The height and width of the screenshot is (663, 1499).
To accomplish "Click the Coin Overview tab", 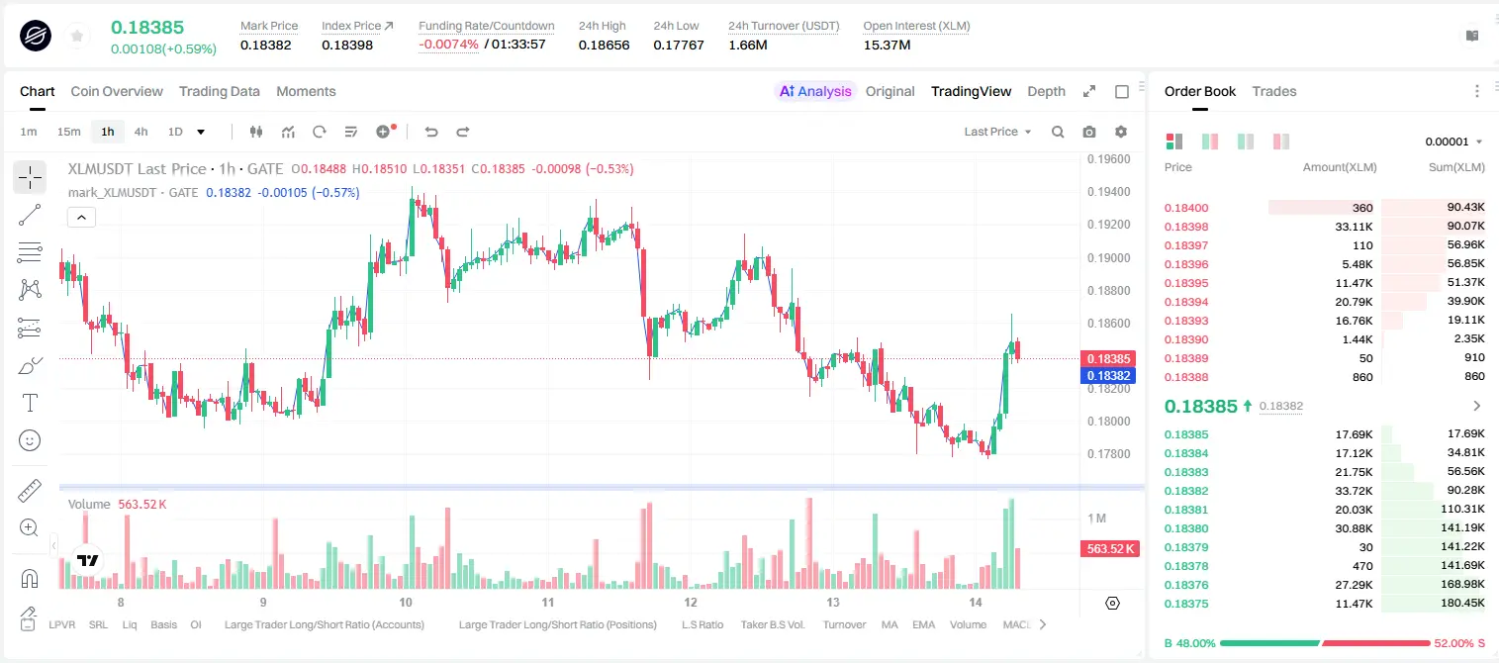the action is pos(117,91).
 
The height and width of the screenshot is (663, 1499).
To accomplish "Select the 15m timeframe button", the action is pos(68,132).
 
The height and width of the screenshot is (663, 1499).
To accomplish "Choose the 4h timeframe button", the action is pos(141,132).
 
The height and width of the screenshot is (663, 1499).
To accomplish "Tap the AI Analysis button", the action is pos(815,91).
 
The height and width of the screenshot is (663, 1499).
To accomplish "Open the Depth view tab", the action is pos(1046,91).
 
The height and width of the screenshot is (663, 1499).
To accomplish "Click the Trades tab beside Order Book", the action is pos(1274,91).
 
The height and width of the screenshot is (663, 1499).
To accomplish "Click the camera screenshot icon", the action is pos(1088,132).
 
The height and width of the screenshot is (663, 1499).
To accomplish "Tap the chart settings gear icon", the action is pos(1121,132).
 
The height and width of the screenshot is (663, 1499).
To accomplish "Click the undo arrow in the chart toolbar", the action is pos(431,132).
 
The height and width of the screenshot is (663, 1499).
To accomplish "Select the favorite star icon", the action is pos(77,36).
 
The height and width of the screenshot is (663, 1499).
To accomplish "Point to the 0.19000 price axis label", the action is pos(1109,257).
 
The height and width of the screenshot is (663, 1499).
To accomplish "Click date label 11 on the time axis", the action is pos(547,602).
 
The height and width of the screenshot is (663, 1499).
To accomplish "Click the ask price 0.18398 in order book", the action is pos(1185,227).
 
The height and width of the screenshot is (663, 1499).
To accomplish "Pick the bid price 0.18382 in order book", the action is pos(1185,491).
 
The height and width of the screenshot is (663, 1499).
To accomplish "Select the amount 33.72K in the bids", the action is pos(1354,491).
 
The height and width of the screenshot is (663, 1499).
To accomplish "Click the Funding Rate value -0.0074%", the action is pos(448,45).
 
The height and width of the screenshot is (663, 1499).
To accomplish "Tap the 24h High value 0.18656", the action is pos(604,45).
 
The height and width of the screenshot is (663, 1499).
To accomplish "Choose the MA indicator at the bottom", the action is pos(890,624).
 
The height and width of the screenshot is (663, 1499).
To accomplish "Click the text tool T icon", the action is pos(30,403).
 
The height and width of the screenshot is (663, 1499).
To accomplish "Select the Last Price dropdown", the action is pos(997,132).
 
